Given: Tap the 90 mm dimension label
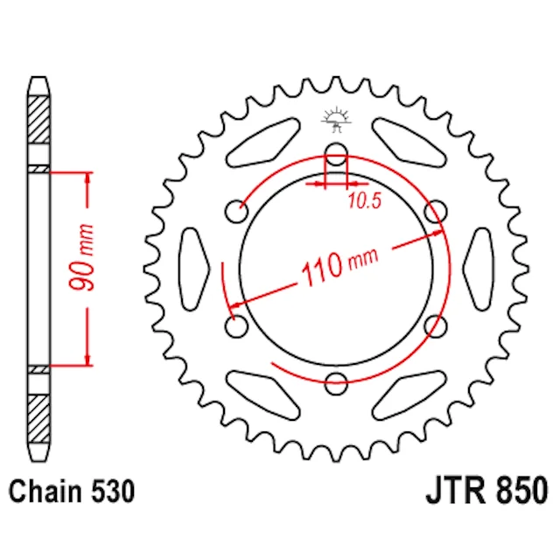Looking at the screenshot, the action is (81, 257).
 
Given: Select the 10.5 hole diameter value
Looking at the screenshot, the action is (364, 200).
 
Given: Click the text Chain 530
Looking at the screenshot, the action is (72, 492).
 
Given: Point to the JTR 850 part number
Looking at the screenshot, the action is (486, 490).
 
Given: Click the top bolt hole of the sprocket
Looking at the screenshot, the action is (336, 154).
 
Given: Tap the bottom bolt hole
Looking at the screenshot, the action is (336, 383).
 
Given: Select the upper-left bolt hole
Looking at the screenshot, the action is (236, 212).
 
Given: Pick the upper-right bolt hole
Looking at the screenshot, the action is (436, 212).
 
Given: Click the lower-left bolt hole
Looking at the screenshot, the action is (236, 326).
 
